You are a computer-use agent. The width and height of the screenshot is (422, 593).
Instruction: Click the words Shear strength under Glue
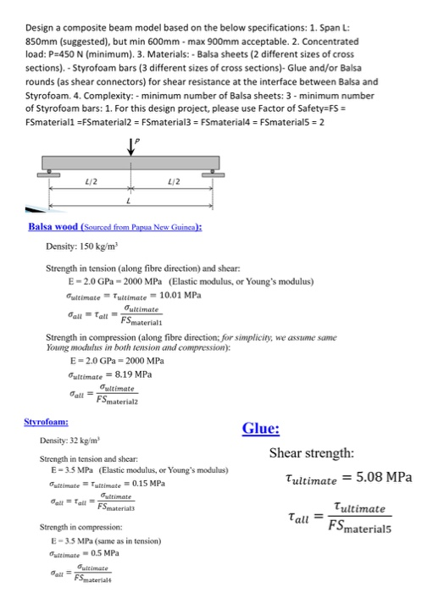point(308,452)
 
